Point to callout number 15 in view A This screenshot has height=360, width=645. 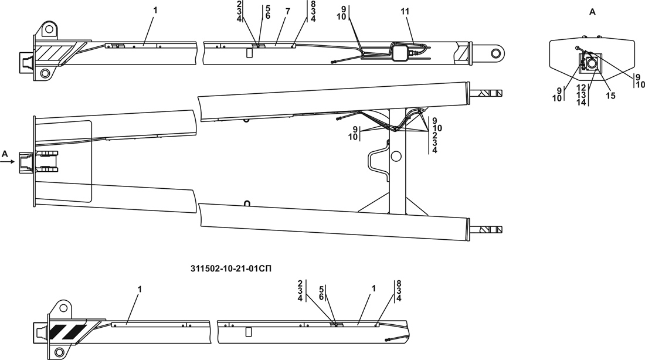610,96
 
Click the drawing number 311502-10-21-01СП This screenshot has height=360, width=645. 232,269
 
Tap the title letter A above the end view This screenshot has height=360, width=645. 592,12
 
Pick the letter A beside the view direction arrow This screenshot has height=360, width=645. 5,154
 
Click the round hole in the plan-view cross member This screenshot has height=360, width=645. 396,156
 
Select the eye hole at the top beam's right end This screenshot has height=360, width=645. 496,53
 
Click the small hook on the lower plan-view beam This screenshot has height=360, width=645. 247,204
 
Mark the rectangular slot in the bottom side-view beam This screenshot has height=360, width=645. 249,332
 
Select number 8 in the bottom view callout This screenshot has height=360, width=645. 398,283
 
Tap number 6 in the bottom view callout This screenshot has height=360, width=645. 321,297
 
